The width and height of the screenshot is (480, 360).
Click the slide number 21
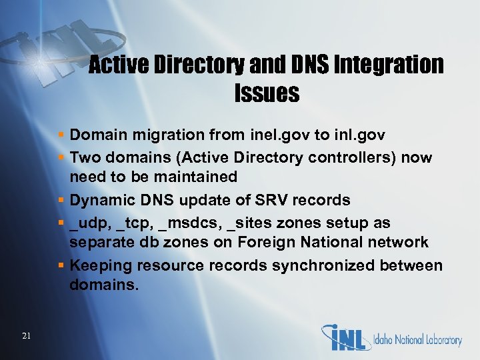26,336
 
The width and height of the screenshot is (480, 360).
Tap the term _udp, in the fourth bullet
91,223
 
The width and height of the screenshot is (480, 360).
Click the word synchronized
301,265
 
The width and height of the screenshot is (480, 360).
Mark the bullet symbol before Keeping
61,265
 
